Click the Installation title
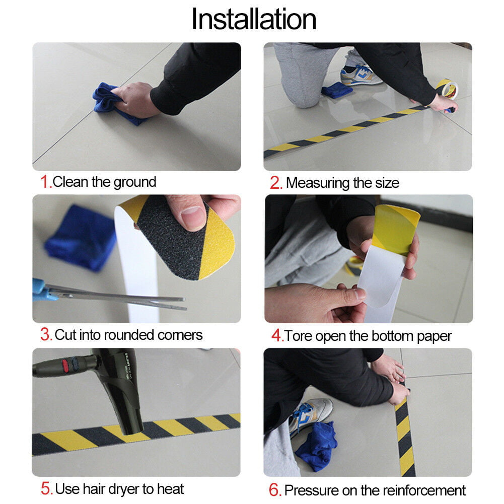point(254,19)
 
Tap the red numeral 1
point(45,182)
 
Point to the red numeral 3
point(46,334)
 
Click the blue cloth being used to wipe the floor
point(112,103)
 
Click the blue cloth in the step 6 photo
point(316,446)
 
